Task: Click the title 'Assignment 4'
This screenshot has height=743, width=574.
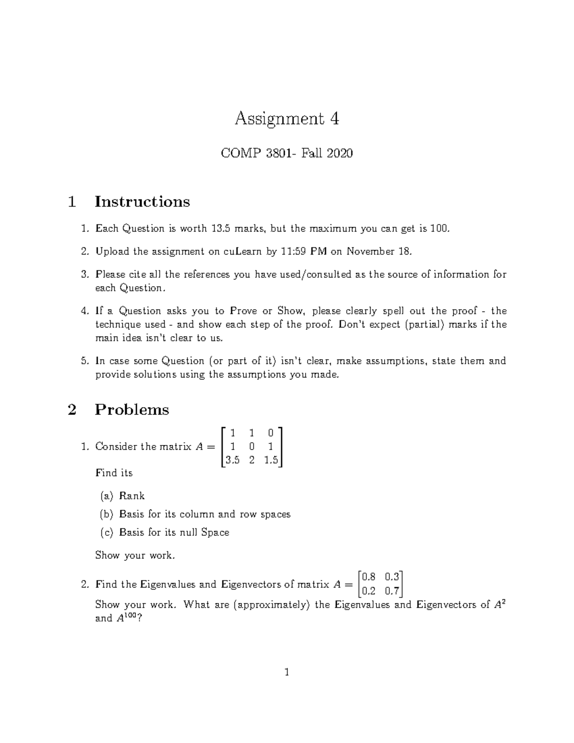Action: click(287, 118)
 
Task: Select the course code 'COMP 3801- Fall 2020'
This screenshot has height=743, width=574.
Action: click(287, 153)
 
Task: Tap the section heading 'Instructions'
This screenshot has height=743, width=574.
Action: click(142, 201)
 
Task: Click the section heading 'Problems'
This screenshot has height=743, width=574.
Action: click(132, 410)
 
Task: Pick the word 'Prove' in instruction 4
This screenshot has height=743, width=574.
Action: click(243, 311)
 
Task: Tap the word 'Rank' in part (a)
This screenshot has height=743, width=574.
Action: click(132, 496)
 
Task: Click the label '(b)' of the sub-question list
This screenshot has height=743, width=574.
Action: click(106, 514)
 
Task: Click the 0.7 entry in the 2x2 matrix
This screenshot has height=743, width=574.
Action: click(392, 591)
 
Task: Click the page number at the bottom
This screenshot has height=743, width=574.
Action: click(287, 673)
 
